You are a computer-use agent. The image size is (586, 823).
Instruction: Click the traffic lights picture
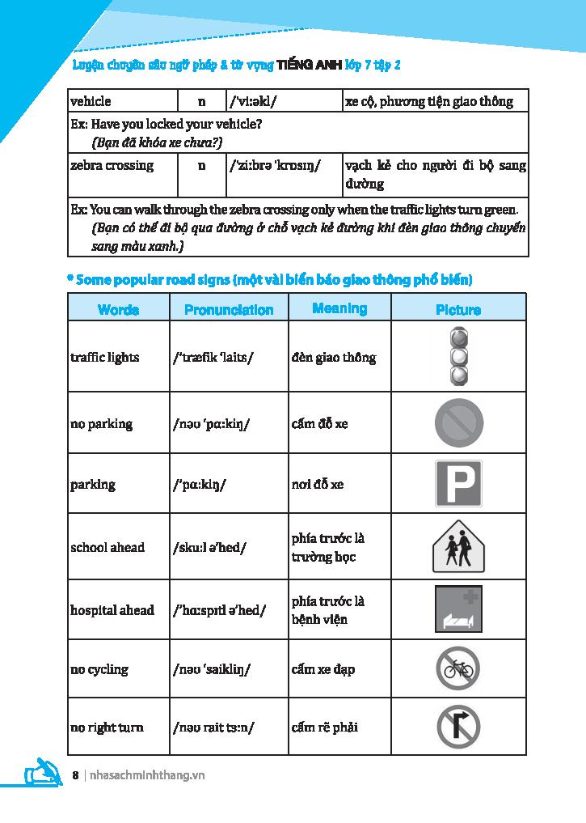(x=458, y=356)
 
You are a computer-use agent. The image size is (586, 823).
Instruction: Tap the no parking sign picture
(x=458, y=423)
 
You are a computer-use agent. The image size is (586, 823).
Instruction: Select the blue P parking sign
(x=458, y=484)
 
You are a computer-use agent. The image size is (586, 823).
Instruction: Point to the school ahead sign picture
(x=458, y=546)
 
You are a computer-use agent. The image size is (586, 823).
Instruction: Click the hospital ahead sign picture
(x=458, y=609)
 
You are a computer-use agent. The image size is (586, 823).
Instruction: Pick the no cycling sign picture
(x=458, y=668)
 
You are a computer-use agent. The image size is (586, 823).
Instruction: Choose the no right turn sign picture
(x=458, y=726)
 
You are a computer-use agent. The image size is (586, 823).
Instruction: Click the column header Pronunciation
(x=229, y=310)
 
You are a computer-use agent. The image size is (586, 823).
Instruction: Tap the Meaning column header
(x=339, y=308)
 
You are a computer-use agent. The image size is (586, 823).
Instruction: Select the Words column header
(x=118, y=310)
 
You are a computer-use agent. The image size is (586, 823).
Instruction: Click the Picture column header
(x=458, y=310)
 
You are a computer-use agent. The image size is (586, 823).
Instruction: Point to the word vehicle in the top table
(x=91, y=102)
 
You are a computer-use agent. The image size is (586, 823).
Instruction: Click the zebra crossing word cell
(x=112, y=165)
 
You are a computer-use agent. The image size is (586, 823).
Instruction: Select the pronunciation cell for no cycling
(x=212, y=669)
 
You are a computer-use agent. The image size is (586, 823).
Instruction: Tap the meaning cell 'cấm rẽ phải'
(x=325, y=727)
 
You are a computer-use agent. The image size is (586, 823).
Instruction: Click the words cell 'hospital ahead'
(x=112, y=609)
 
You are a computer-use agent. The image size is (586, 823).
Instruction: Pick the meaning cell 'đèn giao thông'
(x=334, y=358)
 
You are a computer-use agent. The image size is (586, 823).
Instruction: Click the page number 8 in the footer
(x=75, y=775)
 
